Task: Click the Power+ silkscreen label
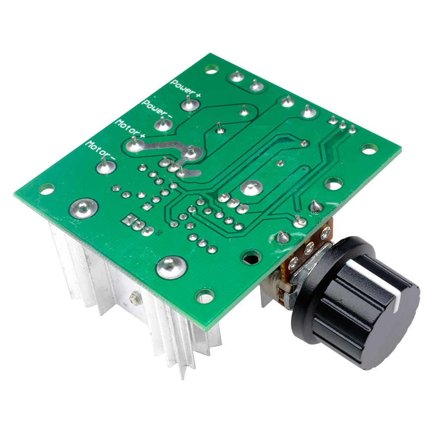(186, 88)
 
